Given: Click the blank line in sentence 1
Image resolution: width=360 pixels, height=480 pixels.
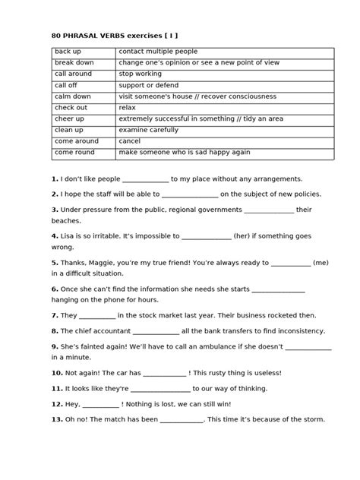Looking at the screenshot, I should click(144, 180).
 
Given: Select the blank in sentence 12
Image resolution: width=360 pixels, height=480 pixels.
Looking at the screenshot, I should click(101, 405).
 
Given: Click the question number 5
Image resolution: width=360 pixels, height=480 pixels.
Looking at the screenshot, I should click(55, 263).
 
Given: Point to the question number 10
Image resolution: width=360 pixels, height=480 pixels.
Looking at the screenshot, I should click(57, 373).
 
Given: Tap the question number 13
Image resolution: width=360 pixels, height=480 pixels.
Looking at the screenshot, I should click(57, 419).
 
